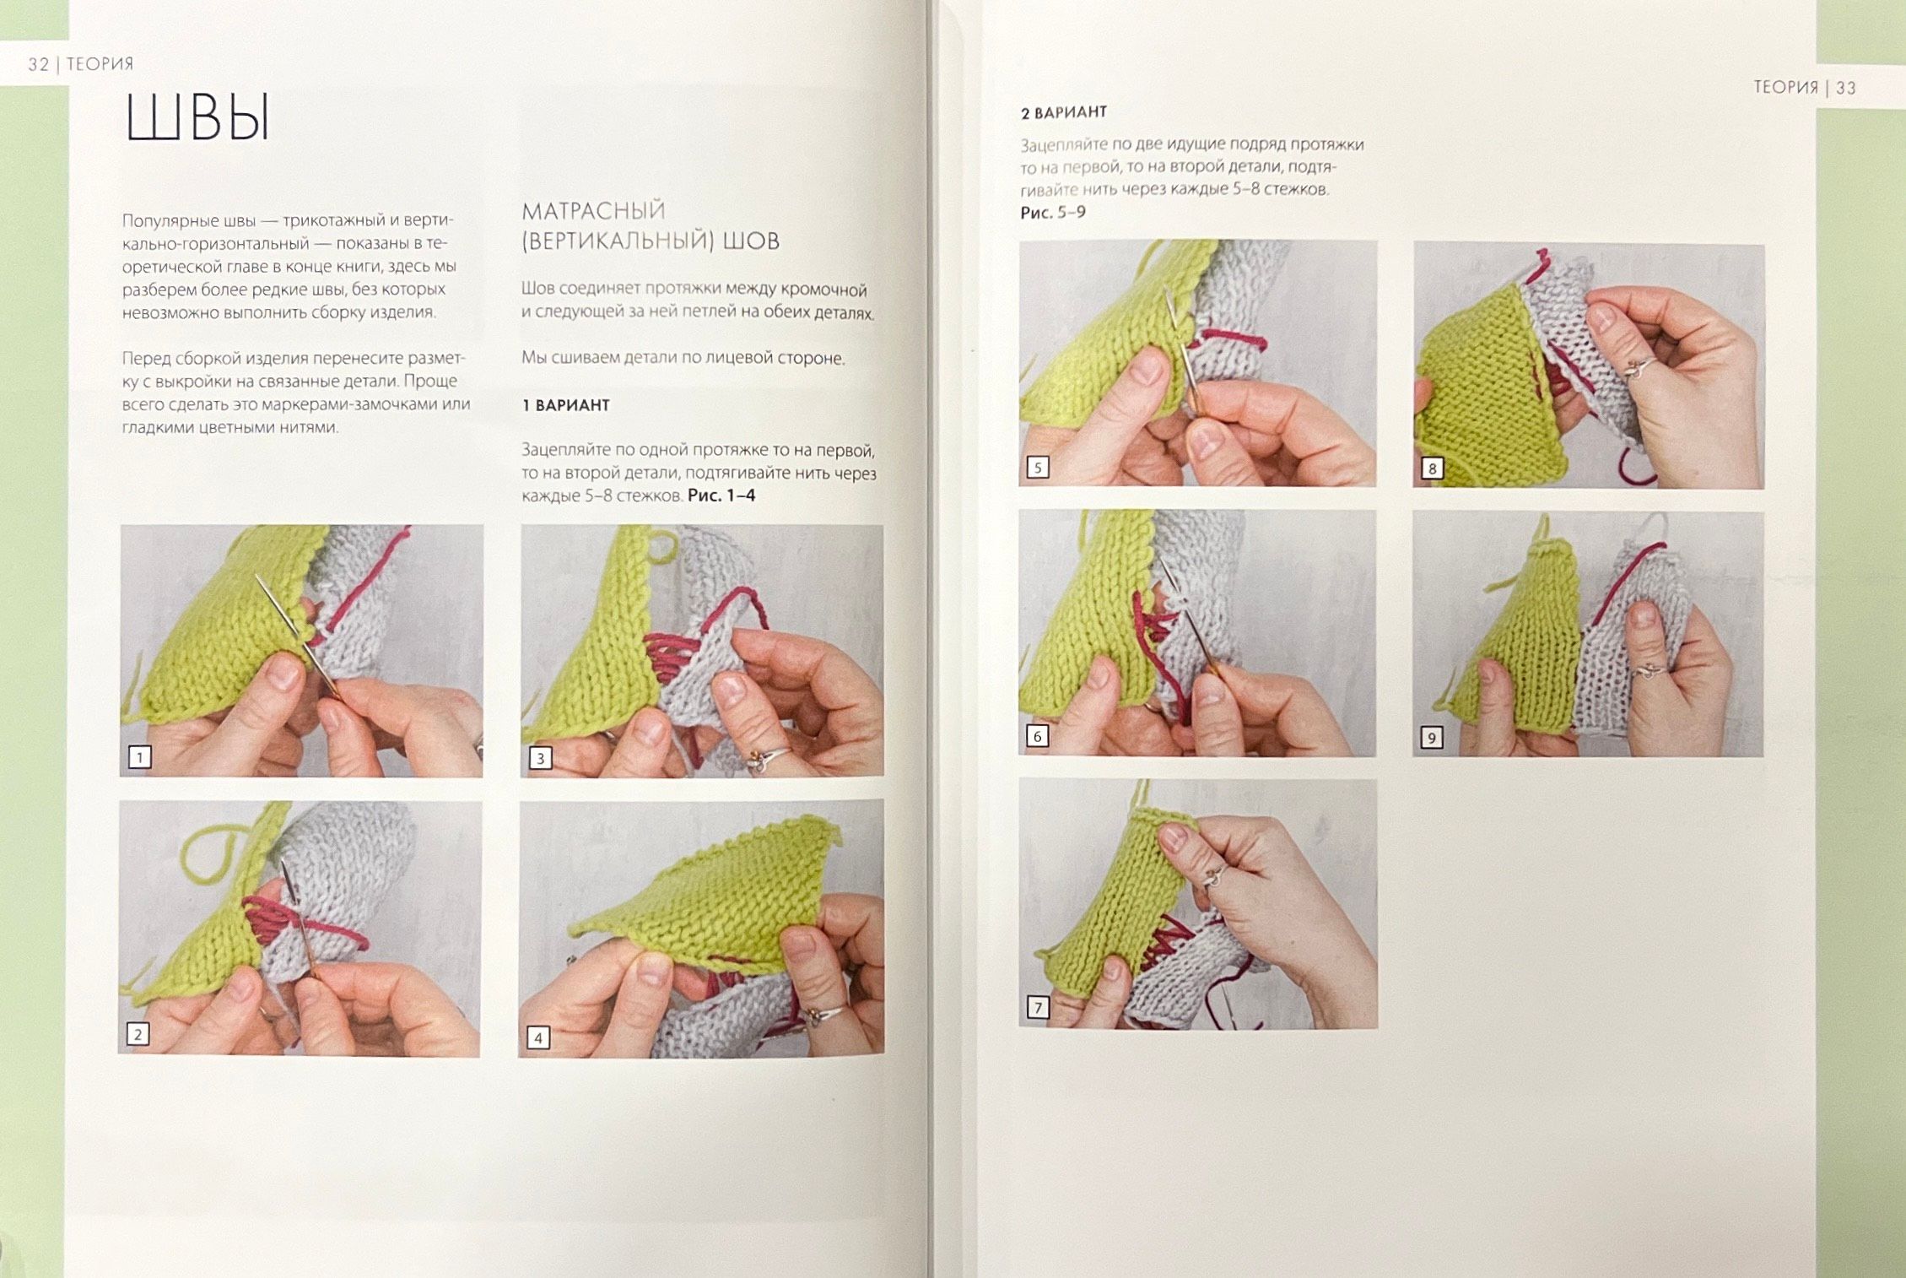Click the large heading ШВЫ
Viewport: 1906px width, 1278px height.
tap(197, 116)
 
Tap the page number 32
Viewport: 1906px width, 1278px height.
tap(39, 64)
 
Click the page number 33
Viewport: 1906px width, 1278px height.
tap(1845, 88)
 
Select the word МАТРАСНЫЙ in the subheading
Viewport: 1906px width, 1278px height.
tap(593, 210)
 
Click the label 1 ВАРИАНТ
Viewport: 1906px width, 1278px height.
tap(565, 405)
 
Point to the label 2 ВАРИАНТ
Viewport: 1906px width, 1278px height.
tap(1063, 112)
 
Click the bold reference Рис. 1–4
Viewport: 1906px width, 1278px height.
tap(721, 495)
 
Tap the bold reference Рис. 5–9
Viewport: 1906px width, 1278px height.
tap(1053, 212)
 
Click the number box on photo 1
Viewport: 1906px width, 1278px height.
tap(140, 757)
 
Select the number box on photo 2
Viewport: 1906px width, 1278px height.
tap(138, 1034)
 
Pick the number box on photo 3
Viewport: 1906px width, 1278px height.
tap(540, 758)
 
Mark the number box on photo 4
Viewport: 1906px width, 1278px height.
tap(538, 1037)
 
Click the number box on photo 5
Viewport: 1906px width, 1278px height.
tap(1038, 468)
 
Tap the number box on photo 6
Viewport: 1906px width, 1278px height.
tap(1038, 736)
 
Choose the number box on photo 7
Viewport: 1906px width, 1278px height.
tap(1038, 1007)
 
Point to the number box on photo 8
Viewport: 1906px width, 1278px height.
tap(1432, 468)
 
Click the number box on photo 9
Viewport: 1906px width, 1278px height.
tap(1431, 738)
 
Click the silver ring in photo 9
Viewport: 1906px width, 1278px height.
tap(1649, 672)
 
